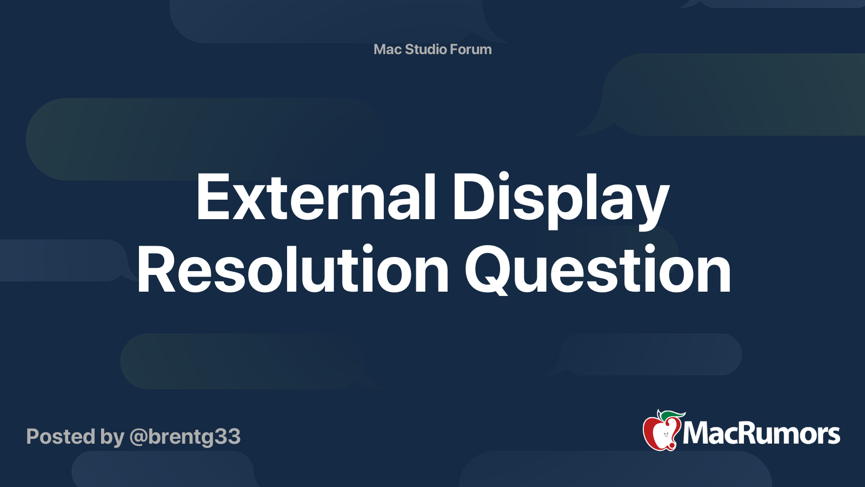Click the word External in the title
(316, 197)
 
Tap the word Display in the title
(560, 201)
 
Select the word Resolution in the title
(292, 269)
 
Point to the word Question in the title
(598, 270)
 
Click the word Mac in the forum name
(387, 49)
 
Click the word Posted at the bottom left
(61, 436)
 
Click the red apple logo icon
(662, 431)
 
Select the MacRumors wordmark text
(761, 433)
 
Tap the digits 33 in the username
(227, 437)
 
